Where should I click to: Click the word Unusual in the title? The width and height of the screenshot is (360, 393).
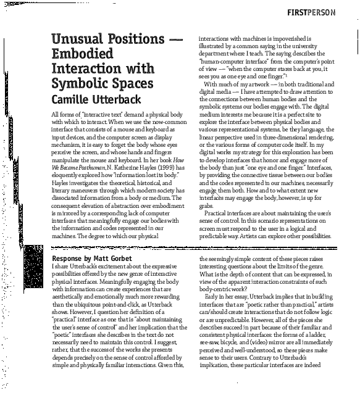78,41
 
